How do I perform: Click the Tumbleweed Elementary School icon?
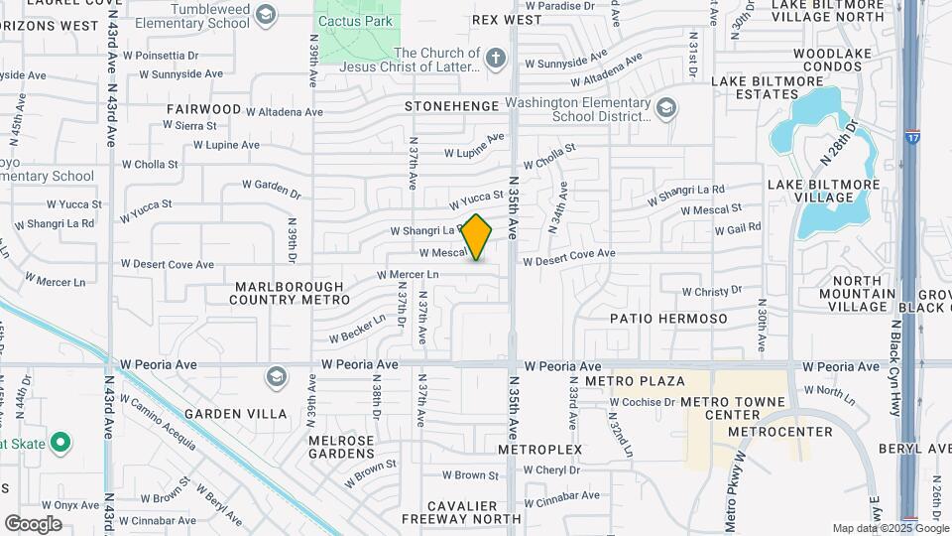[265, 14]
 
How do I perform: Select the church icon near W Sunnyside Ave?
[498, 60]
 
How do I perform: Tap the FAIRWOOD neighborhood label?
[203, 108]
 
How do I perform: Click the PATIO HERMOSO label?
[668, 319]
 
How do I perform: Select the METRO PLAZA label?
[649, 381]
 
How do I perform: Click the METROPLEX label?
[539, 450]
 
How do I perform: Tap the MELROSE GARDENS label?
[341, 447]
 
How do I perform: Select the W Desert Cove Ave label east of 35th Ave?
[568, 254]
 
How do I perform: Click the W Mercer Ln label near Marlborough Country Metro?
[408, 274]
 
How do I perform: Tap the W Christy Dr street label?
[711, 292]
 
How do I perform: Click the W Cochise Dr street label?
[642, 402]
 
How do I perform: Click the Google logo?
[33, 523]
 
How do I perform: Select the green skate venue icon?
[59, 443]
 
